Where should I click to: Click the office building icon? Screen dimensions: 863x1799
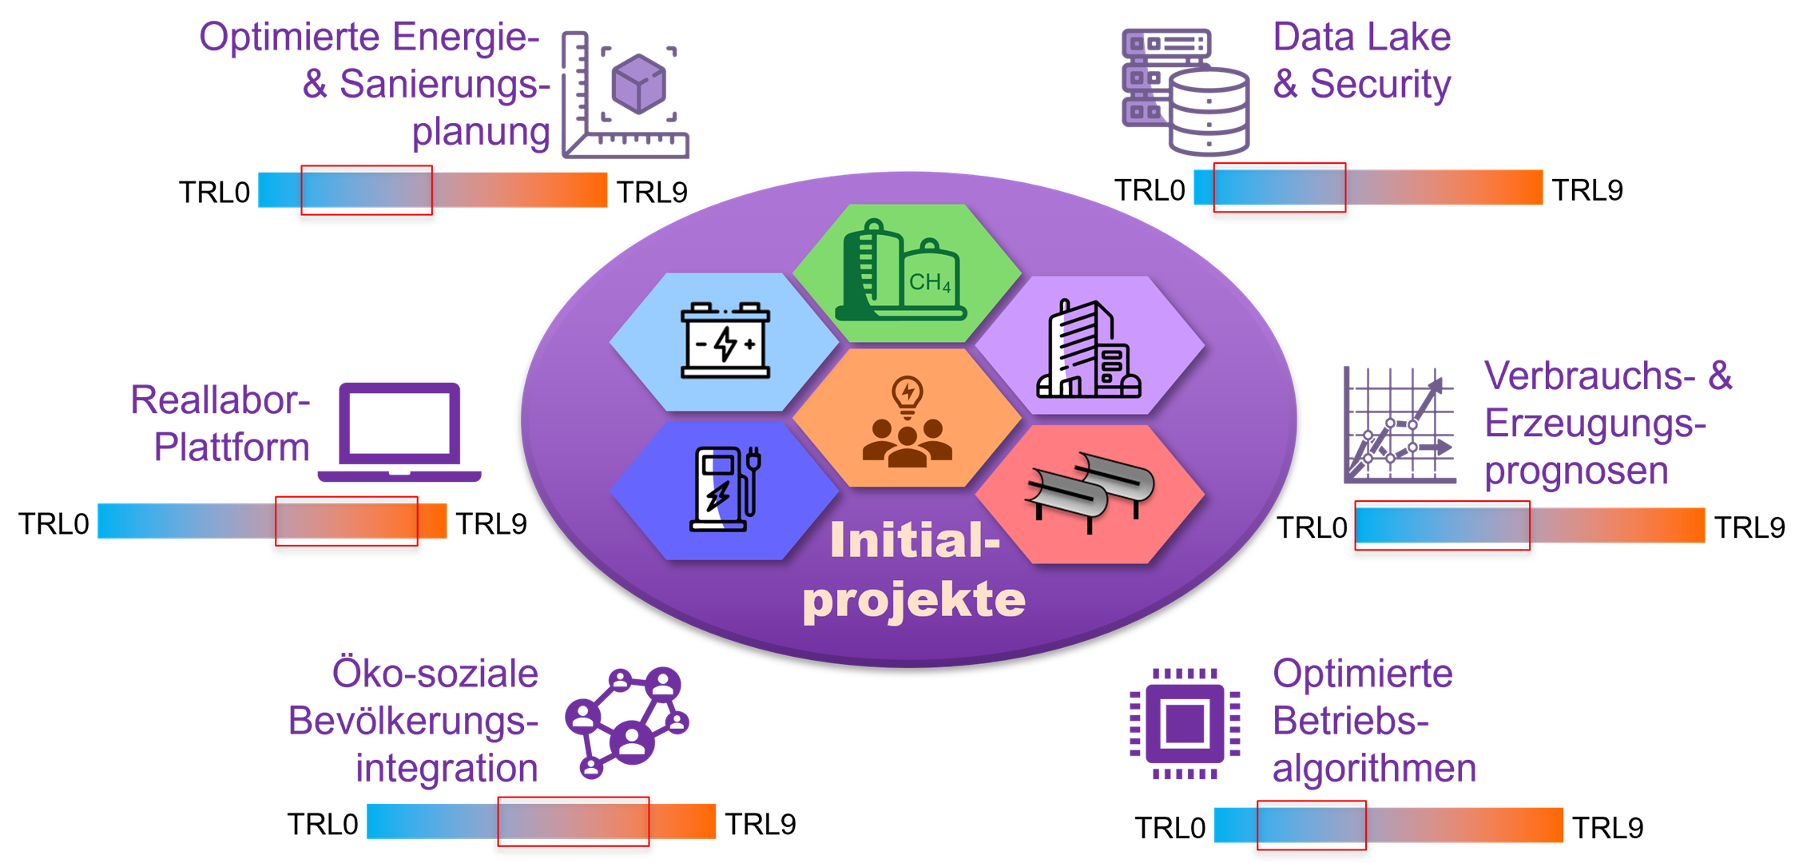(1088, 351)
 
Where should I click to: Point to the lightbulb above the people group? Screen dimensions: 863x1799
(907, 395)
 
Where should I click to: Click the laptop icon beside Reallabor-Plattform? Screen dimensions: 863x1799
(399, 432)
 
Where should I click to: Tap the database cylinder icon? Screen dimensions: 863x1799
(1209, 112)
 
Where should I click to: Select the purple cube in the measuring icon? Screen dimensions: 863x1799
(638, 83)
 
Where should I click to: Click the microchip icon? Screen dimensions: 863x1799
(1185, 724)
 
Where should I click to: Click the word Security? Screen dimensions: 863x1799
(1380, 85)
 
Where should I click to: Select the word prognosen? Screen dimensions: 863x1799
(1575, 471)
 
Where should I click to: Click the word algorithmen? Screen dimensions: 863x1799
(1374, 769)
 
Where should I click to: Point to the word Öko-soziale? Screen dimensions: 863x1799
(435, 674)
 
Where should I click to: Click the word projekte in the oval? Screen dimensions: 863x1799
(914, 601)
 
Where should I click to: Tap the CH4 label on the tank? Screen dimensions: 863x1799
(930, 282)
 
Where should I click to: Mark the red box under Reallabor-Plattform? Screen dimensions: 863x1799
(346, 521)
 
